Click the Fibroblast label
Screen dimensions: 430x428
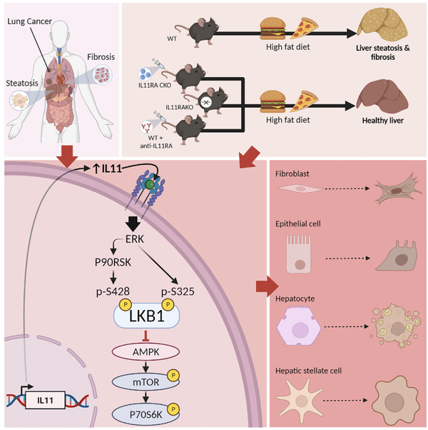click(295, 173)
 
